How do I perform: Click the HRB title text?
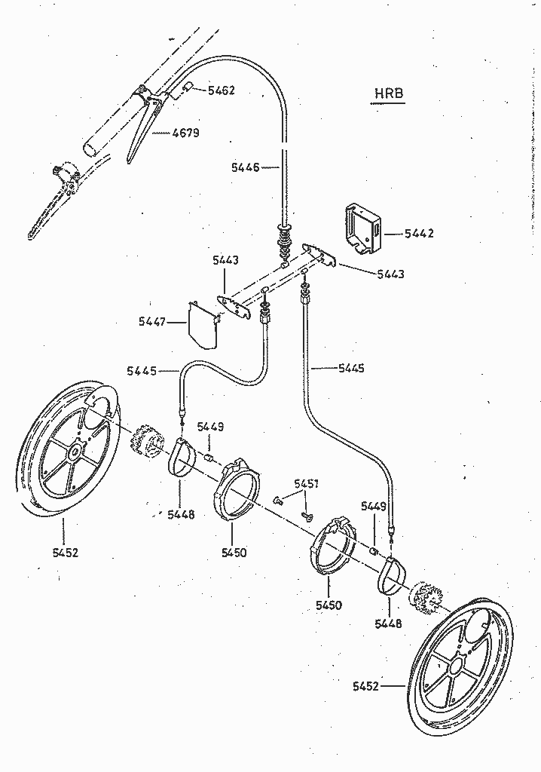click(389, 93)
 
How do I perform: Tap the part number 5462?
click(221, 90)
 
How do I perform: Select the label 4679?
click(185, 133)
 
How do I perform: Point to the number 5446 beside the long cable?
click(245, 167)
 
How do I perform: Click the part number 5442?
click(419, 234)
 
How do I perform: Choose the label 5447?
click(152, 322)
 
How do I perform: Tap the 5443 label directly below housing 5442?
click(390, 274)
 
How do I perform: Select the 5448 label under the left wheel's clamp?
click(181, 514)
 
